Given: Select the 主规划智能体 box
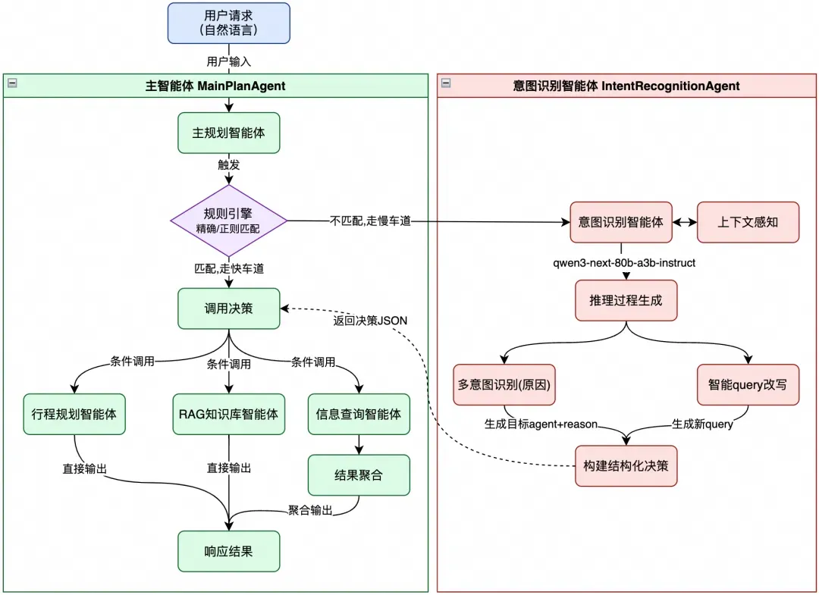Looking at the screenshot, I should (229, 133).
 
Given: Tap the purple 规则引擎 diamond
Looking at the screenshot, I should (229, 221).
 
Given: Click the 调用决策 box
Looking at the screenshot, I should (229, 308).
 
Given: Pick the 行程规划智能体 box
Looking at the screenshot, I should (74, 414).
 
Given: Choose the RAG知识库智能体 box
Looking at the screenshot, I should (229, 414).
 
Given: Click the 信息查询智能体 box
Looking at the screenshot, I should (359, 414).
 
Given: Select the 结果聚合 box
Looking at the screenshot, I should (359, 475).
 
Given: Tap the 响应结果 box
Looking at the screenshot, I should (229, 551).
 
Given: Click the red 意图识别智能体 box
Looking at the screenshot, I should (621, 222).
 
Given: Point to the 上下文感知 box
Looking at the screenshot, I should (748, 222).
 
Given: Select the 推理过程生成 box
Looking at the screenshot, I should (626, 300).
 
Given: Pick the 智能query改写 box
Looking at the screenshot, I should (748, 384).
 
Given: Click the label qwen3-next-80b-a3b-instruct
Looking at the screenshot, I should (625, 263).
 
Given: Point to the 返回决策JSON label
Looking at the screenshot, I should (370, 320).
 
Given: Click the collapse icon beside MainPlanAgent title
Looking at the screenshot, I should (11, 84).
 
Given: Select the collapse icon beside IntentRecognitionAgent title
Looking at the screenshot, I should (446, 84).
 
